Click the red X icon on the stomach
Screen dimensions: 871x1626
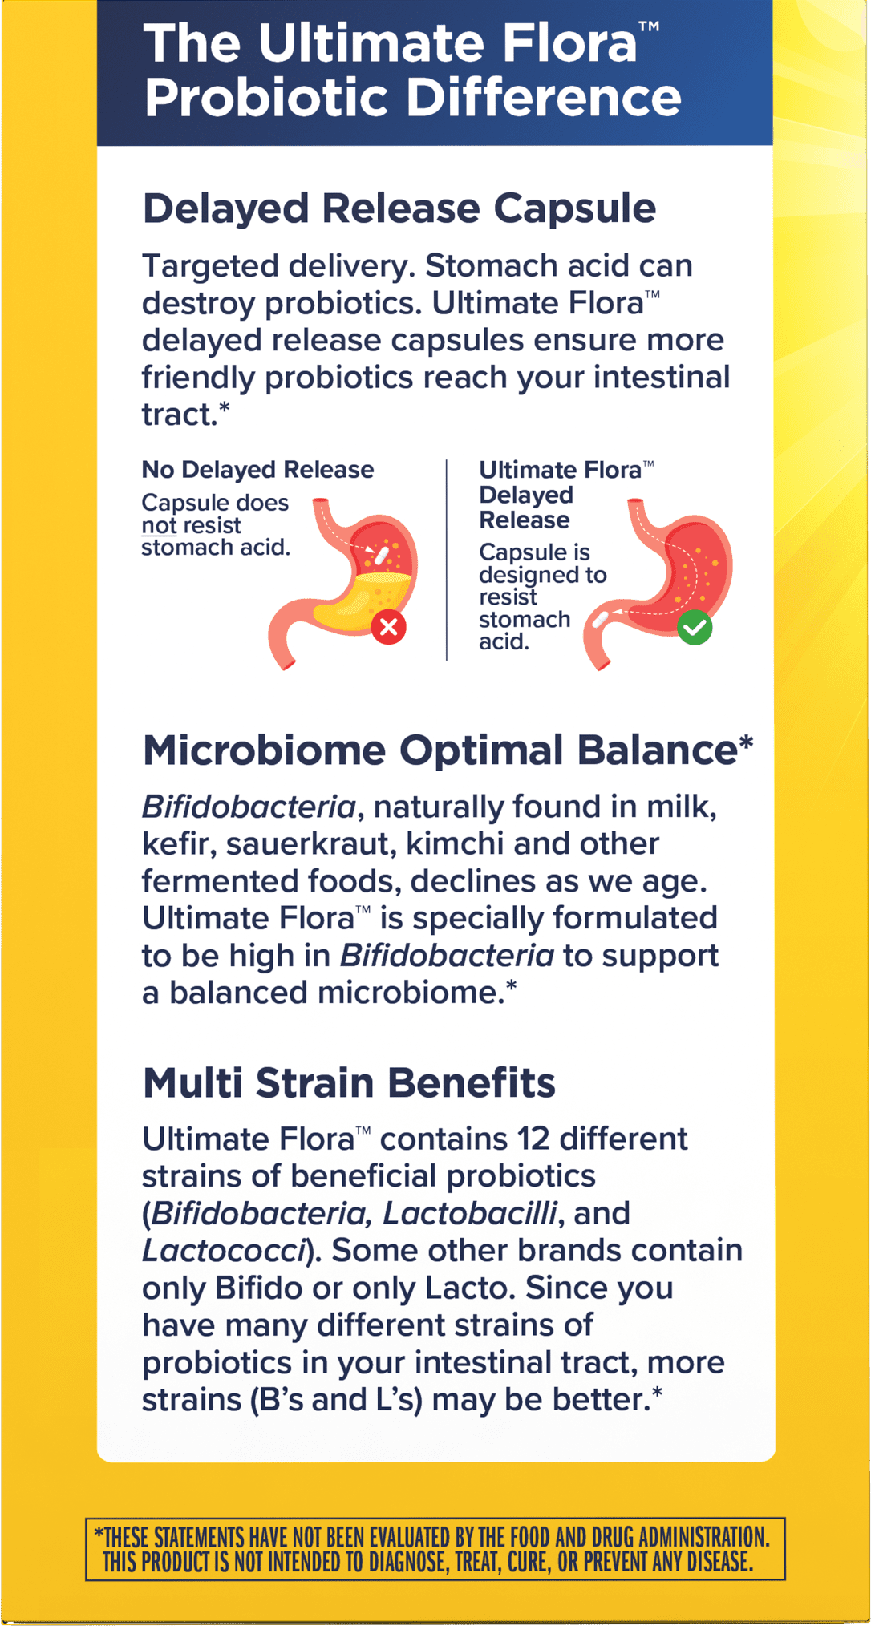[389, 626]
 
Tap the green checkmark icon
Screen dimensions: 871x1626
[695, 627]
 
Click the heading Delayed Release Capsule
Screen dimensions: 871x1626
[399, 209]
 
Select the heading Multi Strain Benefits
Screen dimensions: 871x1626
[349, 1082]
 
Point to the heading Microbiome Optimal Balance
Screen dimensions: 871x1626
[448, 751]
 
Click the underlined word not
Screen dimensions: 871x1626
[159, 526]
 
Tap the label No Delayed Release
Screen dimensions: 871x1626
[257, 470]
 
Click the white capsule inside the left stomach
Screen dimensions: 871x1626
[382, 556]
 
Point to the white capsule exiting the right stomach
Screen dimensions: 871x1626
[599, 619]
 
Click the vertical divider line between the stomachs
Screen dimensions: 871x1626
[447, 560]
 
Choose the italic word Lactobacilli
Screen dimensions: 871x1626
[470, 1214]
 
